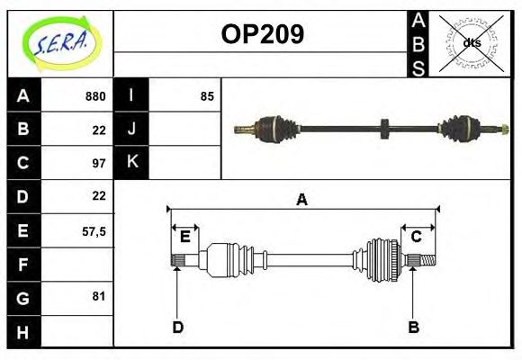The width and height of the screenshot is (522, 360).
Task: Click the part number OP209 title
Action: pyautogui.click(x=262, y=35)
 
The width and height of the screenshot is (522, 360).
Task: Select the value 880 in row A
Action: pyautogui.click(x=94, y=96)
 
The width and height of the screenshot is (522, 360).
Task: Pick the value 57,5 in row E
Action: pyautogui.click(x=94, y=230)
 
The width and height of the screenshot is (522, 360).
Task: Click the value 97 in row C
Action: pyautogui.click(x=99, y=164)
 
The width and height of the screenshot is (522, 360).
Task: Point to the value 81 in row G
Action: pyautogui.click(x=98, y=296)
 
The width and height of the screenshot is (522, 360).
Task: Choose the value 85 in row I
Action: pyautogui.click(x=207, y=96)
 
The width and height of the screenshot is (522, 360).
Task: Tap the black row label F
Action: pyautogui.click(x=23, y=265)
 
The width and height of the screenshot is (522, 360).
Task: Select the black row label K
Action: pyautogui.click(x=131, y=162)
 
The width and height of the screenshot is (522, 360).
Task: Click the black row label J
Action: pyautogui.click(x=131, y=129)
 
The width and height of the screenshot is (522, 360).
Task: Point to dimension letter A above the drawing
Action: pyautogui.click(x=301, y=201)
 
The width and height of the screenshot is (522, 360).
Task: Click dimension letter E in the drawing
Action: pyautogui.click(x=184, y=237)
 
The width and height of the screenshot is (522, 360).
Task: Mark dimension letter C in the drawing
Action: pyautogui.click(x=417, y=237)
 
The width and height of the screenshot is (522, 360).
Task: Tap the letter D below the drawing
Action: pyautogui.click(x=177, y=327)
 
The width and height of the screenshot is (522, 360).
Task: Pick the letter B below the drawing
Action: pyautogui.click(x=414, y=327)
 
